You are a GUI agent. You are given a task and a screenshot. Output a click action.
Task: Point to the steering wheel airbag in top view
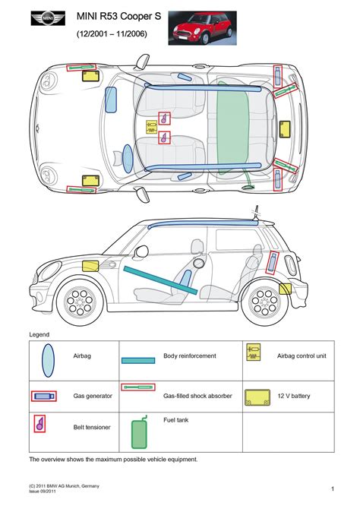111,100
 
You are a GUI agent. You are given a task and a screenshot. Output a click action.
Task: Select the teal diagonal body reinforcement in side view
160,280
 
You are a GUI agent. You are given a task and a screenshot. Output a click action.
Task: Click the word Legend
39,334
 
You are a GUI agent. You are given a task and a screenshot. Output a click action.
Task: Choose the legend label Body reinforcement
189,356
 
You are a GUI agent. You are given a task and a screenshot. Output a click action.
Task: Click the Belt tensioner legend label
92,427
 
